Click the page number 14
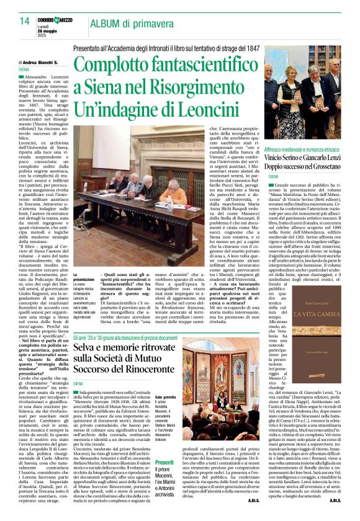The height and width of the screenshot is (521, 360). point(25,21)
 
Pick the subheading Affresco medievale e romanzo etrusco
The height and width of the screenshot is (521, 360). point(304,151)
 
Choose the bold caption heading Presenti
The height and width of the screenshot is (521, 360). point(164,463)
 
